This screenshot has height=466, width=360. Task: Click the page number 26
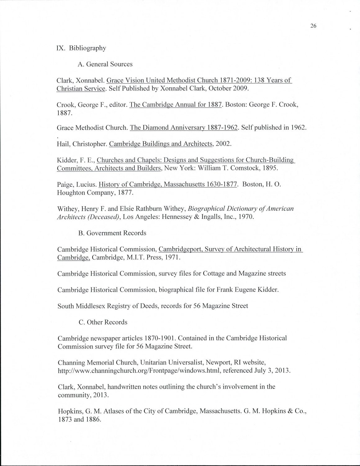point(313,26)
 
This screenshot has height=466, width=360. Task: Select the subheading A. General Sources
point(105,64)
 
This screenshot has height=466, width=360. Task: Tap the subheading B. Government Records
point(112,233)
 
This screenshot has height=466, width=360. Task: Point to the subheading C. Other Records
point(103,322)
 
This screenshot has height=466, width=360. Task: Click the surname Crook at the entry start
point(66,105)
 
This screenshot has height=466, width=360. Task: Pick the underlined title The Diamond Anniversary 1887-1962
point(184,128)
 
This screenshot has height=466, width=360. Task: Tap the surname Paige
point(65,185)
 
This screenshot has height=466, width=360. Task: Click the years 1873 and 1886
point(79,419)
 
